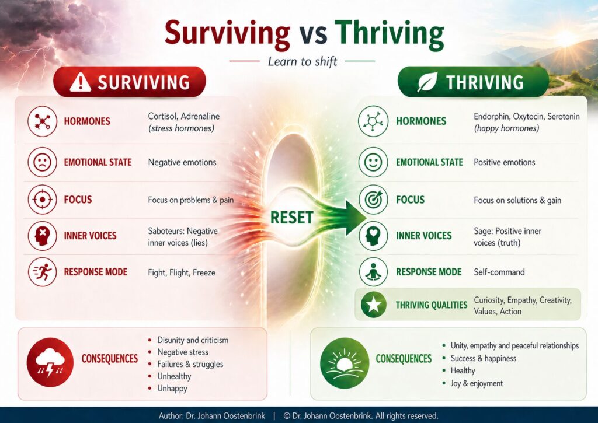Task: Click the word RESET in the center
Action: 292,218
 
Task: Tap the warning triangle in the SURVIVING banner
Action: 81,82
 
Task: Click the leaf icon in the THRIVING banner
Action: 427,82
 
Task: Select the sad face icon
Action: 42,162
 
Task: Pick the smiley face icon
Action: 373,162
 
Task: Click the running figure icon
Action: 42,272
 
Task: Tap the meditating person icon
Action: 373,272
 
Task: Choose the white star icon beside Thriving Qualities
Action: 373,305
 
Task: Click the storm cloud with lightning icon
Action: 50,362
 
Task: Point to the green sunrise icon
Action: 345,363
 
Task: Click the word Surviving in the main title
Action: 227,33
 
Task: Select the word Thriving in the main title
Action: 390,34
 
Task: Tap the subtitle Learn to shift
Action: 303,61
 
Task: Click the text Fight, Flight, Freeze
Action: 182,272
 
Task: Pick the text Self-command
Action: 499,272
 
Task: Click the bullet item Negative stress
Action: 183,352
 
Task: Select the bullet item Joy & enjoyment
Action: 477,383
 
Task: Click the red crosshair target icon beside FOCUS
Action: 42,200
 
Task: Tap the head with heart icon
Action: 373,236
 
